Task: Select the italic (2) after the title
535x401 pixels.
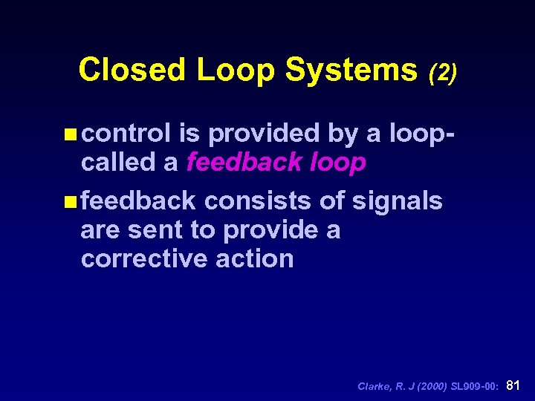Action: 443,72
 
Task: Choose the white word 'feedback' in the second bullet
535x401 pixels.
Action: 138,200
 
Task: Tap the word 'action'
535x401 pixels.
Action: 262,258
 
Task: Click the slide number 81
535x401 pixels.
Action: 513,385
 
